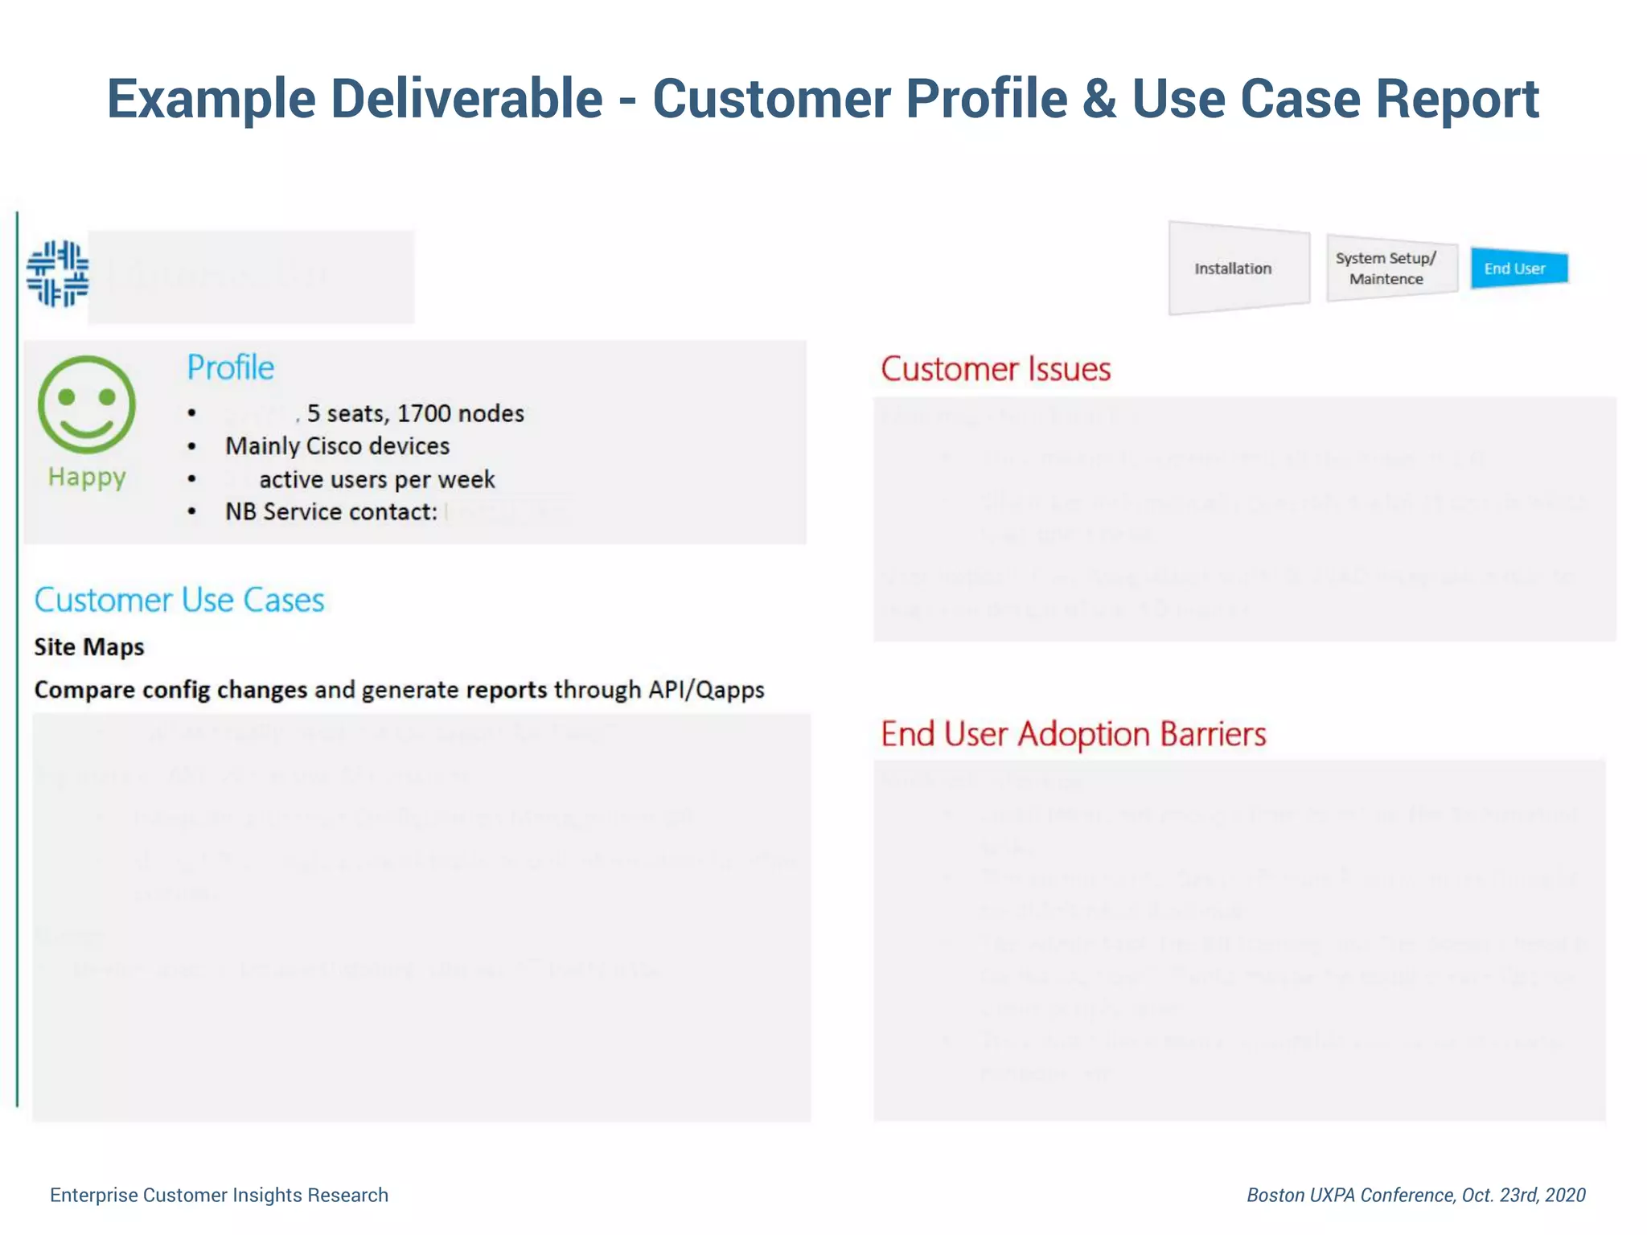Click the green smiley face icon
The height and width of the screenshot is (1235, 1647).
pos(87,404)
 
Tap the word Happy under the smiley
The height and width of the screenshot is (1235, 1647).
pos(87,477)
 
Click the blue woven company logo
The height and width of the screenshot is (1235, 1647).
pos(58,273)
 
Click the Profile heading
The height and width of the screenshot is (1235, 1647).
pos(231,368)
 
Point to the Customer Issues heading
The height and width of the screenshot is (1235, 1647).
pos(996,370)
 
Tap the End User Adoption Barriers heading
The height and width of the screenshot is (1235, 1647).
pos(1073,734)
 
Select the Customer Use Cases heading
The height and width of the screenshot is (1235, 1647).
pos(179,601)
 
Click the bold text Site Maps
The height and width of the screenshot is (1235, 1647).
pos(89,647)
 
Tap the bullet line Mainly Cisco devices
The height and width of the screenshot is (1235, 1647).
pos(337,446)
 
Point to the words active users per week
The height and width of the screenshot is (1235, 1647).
pos(376,480)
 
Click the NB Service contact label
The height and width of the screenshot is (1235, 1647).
pos(331,512)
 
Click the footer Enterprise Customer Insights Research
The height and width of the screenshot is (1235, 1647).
pos(219,1196)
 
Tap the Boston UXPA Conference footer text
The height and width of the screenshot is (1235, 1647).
pos(1415,1196)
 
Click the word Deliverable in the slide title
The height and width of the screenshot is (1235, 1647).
pos(466,99)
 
